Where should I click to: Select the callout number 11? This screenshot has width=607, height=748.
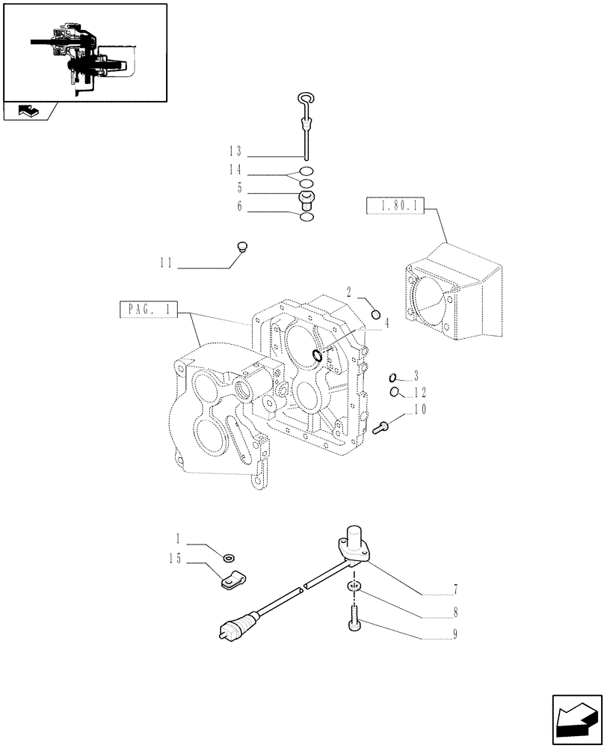pos(165,263)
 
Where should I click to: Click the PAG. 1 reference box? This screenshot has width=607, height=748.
pos(149,310)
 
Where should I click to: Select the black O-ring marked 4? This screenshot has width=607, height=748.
pos(318,355)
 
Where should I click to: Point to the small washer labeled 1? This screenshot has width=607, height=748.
pos(228,556)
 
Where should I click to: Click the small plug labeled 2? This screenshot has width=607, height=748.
pos(377,313)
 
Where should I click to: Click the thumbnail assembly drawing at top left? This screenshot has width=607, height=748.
pos(84,52)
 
